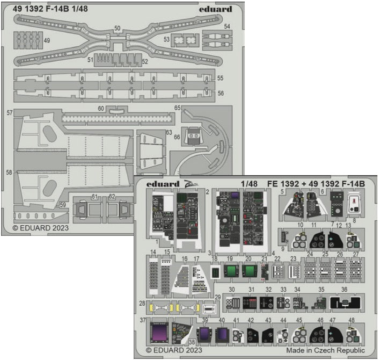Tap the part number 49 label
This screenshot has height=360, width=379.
47,40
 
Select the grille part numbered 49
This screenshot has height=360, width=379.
28,40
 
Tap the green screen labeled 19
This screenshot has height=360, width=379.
231,271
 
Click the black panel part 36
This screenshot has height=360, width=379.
345,304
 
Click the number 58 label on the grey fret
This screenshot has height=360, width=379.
9,173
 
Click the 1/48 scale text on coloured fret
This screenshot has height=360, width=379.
250,183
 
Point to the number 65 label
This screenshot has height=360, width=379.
177,108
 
